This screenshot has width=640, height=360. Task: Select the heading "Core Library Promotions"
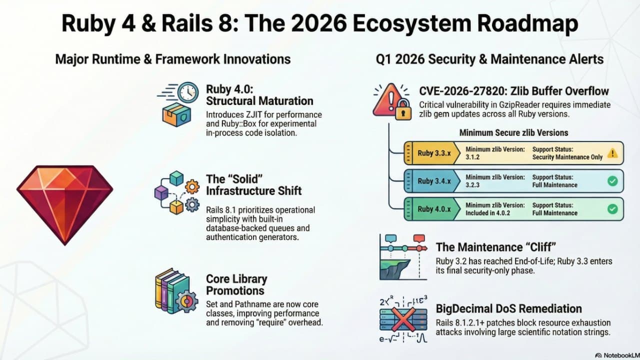(x=236, y=284)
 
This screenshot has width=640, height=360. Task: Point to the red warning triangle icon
(x=386, y=98)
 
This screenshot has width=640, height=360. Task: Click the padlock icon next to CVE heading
(x=402, y=110)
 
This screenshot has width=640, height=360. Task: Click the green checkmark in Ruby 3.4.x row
(x=612, y=181)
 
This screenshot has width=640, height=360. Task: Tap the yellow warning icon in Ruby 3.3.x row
(x=612, y=153)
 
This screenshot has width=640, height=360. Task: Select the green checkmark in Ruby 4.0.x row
(x=612, y=209)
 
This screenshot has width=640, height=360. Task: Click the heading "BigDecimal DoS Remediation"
(x=509, y=308)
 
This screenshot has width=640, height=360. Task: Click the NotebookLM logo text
(x=616, y=354)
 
